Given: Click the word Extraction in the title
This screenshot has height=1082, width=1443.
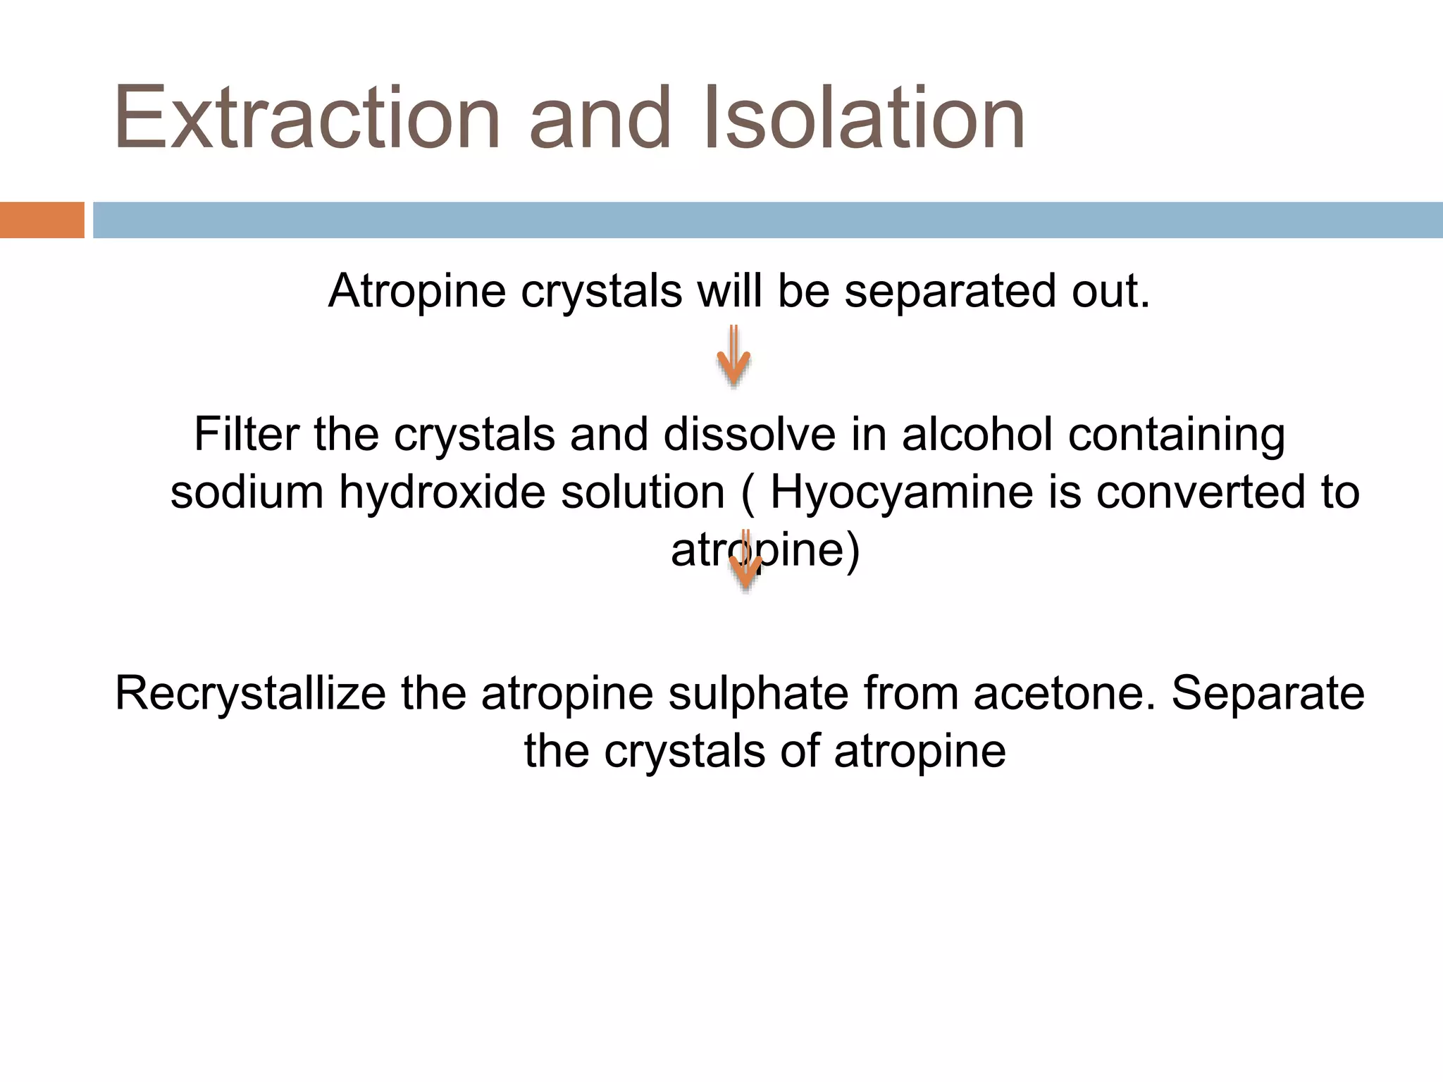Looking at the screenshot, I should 307,118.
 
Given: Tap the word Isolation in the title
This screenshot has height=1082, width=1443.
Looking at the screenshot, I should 864,118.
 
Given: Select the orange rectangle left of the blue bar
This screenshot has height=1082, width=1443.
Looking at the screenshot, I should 42,220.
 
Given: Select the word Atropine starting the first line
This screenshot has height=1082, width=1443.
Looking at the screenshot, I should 417,292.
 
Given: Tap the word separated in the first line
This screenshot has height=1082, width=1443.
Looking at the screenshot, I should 950,292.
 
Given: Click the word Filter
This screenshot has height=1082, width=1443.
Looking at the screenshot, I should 246,434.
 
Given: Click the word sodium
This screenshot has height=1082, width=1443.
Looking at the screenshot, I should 247,492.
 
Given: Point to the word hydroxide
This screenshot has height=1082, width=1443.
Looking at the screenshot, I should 442,492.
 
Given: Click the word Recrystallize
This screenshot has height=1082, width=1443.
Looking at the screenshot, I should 250,694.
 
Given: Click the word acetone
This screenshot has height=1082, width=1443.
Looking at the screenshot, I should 1064,694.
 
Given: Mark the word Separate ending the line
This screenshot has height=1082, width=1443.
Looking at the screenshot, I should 1268,694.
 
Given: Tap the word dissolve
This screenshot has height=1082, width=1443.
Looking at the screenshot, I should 749,434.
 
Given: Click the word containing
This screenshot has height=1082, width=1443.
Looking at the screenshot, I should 1176,434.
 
